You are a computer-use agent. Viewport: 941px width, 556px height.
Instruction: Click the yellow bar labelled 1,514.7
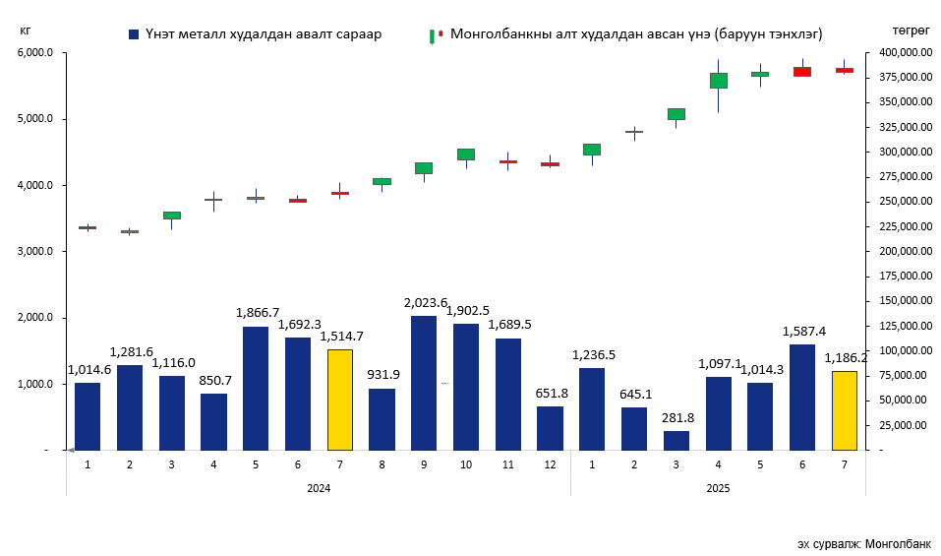point(340,400)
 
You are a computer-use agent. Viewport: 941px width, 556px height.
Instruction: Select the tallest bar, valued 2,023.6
point(424,383)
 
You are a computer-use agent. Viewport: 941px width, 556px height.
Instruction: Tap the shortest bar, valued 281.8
point(676,440)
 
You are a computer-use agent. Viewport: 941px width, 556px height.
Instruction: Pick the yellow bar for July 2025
point(845,410)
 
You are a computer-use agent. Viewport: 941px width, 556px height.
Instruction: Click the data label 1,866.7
point(257,313)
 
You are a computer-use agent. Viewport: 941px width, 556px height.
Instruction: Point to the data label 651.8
point(551,393)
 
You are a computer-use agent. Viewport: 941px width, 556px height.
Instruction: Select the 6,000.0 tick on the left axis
point(35,53)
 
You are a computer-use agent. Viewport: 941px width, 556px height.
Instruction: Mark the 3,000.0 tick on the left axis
point(35,252)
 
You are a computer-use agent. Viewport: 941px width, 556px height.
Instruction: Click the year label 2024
point(319,488)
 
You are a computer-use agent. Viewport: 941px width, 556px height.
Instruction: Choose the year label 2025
point(718,488)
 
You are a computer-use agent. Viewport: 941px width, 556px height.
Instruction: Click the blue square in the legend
point(134,34)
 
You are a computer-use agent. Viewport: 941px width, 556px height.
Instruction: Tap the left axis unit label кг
point(25,30)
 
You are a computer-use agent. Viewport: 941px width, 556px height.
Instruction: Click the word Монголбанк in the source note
point(898,544)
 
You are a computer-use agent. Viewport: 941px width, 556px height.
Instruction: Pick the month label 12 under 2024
point(551,463)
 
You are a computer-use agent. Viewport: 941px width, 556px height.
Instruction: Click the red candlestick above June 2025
point(802,72)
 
